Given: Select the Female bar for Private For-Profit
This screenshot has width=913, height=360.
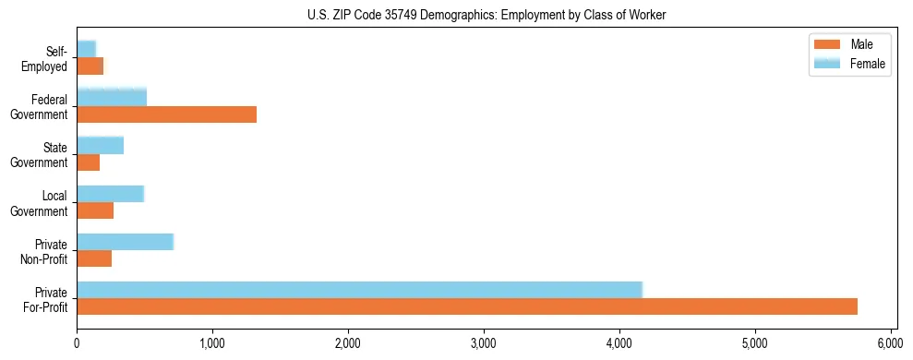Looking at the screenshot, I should tap(359, 290).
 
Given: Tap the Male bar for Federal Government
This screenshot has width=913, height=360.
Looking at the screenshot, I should tap(166, 114).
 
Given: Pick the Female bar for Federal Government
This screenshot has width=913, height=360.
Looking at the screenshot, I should tap(112, 97).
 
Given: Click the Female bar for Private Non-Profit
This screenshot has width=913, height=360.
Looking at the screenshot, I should tap(125, 242).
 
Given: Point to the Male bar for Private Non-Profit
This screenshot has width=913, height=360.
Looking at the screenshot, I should tap(94, 259).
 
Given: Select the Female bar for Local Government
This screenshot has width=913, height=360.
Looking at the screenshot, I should tap(110, 194).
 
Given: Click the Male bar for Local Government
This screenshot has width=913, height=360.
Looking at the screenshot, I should tap(95, 211).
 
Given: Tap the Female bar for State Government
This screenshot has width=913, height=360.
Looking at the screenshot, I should tap(100, 146).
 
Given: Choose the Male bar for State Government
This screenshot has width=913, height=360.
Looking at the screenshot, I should tap(88, 163).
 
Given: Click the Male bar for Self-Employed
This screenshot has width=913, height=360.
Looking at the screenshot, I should tap(90, 66).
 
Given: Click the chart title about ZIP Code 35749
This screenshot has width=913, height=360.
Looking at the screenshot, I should tap(487, 16).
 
